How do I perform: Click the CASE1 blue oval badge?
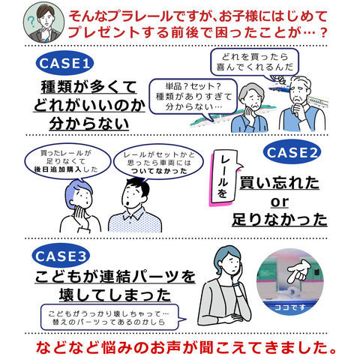[64, 63]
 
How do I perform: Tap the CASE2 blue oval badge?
[292, 152]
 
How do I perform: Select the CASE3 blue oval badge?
[61, 256]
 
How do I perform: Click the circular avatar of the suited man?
[43, 23]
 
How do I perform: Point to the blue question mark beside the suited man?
[31, 22]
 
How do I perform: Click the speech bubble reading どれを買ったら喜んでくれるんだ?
[254, 62]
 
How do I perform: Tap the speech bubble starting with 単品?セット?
[193, 97]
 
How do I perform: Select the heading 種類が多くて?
[89, 87]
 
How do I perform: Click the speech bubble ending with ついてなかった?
[159, 163]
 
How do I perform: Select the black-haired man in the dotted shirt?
[135, 205]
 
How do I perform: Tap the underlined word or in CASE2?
[280, 202]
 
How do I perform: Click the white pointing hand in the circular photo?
[299, 271]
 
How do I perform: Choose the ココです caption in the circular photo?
[290, 307]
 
